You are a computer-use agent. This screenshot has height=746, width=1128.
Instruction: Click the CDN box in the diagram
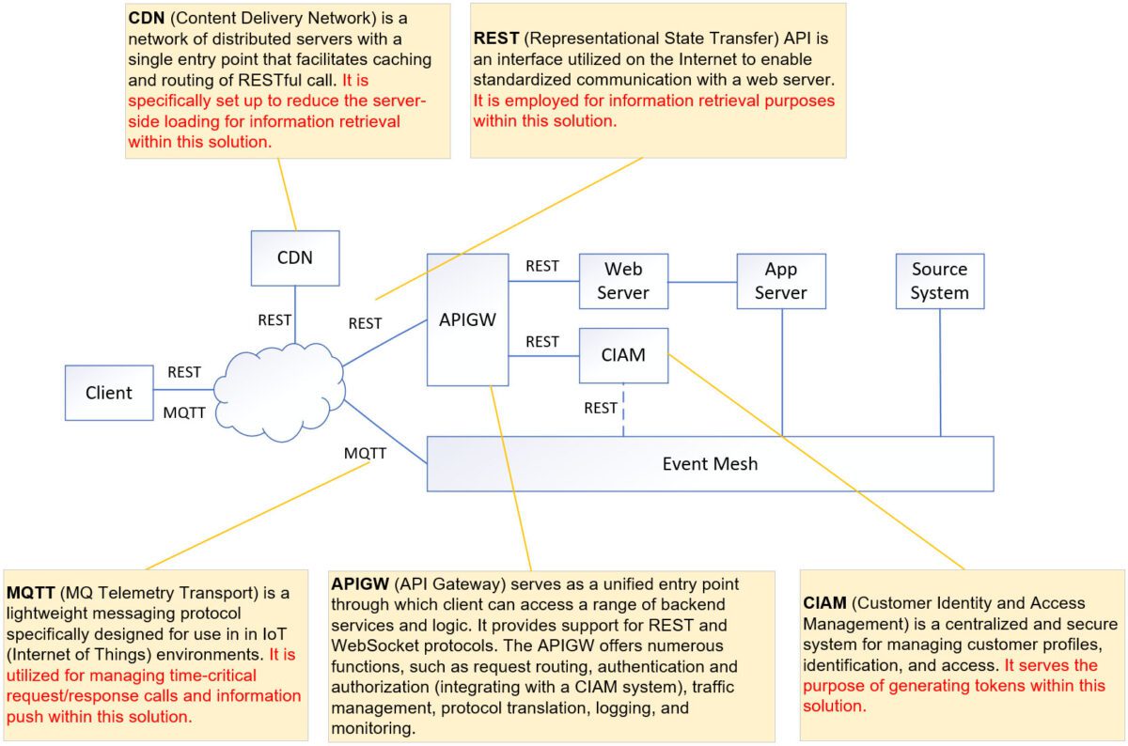[x=295, y=258]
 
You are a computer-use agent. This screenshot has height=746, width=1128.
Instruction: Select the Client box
[x=108, y=393]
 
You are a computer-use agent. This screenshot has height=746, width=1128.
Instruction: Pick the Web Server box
[x=623, y=281]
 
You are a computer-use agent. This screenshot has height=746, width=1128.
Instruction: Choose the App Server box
[x=780, y=281]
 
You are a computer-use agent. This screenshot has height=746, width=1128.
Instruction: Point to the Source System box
[x=939, y=281]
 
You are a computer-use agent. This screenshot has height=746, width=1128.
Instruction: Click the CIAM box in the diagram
[x=623, y=355]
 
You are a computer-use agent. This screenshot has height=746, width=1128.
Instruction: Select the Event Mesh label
[x=710, y=463]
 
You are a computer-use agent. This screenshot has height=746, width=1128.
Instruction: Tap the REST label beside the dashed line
[x=600, y=408]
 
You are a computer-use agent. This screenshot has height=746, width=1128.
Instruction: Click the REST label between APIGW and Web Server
[x=542, y=266]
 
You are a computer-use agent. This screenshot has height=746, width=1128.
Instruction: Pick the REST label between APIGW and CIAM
[x=542, y=342]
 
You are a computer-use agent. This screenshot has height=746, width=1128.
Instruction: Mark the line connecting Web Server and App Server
[x=702, y=281]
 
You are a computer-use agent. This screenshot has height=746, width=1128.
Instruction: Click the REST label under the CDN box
[x=274, y=320]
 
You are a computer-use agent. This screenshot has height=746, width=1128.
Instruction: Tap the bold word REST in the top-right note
[x=494, y=40]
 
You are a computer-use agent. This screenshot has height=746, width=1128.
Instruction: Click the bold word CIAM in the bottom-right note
[x=824, y=603]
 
